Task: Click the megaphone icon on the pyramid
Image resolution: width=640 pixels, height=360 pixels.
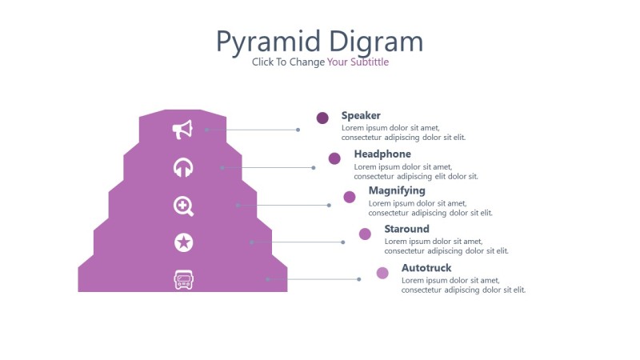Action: click(x=183, y=130)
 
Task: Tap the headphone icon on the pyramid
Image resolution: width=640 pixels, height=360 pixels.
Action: click(x=183, y=167)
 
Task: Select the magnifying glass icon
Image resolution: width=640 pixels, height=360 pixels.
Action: click(x=183, y=206)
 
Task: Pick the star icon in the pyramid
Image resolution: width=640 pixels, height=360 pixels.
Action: click(x=183, y=242)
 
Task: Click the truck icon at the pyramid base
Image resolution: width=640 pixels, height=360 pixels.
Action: click(x=184, y=279)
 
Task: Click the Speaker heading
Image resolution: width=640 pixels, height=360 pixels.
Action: click(x=361, y=115)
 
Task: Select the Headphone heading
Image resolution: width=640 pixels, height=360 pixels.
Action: click(x=382, y=154)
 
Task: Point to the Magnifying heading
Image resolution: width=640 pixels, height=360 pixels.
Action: click(x=397, y=190)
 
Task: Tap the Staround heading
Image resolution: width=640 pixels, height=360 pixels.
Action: click(x=406, y=229)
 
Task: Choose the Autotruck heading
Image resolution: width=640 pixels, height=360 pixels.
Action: click(x=426, y=267)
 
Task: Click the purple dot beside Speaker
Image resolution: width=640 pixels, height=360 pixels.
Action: click(x=322, y=118)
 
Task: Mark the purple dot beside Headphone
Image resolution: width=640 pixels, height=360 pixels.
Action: click(x=334, y=158)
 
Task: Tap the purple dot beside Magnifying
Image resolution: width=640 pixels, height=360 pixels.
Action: click(x=350, y=197)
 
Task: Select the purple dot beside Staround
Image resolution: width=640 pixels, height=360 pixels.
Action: click(x=365, y=234)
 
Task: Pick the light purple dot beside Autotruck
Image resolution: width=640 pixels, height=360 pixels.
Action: click(x=382, y=273)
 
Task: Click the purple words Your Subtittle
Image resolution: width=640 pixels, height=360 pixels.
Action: click(x=358, y=62)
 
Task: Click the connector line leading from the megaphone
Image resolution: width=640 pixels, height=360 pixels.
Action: click(x=252, y=130)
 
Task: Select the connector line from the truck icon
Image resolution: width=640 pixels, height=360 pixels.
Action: click(x=313, y=279)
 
